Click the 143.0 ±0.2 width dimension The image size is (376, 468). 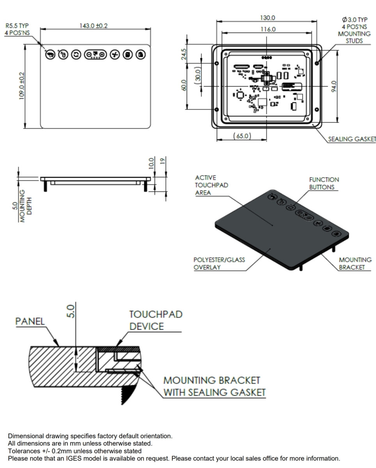tap(94, 26)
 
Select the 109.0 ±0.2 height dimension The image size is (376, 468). tap(22, 86)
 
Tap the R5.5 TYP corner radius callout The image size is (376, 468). tap(17, 26)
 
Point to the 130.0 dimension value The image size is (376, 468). tap(268, 18)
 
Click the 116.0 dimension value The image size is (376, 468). tap(268, 29)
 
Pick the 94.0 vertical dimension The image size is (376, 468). tap(334, 86)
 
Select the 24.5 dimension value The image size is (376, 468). tap(184, 54)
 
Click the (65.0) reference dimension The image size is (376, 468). tap(242, 136)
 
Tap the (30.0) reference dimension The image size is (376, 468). tap(198, 75)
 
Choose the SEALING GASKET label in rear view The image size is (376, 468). tap(352, 139)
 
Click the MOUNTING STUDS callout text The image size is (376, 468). tap(354, 37)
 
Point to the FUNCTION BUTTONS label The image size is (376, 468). tap(324, 183)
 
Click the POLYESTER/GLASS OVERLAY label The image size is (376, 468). tap(219, 263)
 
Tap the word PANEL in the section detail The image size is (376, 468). tap(30, 321)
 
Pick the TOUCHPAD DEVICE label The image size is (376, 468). tap(156, 320)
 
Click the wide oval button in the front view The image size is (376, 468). tap(95, 55)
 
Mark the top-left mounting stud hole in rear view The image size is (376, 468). tap(216, 63)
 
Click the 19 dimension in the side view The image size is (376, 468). tap(162, 161)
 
